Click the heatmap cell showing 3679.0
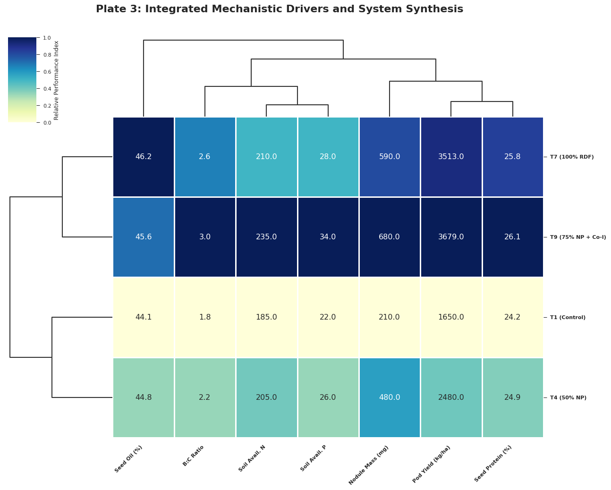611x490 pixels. pos(451,237)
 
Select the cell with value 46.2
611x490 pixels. pos(144,157)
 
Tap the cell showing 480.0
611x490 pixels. pos(390,397)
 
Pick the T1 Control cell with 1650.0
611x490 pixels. pos(451,317)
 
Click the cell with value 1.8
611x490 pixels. pos(205,317)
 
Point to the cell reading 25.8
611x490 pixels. pos(512,157)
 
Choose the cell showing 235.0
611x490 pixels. pos(266,237)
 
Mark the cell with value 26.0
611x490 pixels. pos(328,397)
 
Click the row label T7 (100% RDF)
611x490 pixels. pos(572,157)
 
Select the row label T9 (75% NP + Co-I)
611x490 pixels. pos(578,237)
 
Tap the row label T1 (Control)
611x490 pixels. pos(568,317)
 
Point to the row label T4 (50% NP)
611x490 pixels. pos(568,397)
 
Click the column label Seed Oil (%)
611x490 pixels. pos(128,459)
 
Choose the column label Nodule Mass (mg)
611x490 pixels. pos(369,465)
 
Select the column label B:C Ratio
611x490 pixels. pos(194,456)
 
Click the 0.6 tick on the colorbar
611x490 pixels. pos(47,72)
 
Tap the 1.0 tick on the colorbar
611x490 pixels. pos(47,38)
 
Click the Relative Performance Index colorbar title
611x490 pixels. pos(57,80)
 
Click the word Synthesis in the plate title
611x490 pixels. pos(436,9)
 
